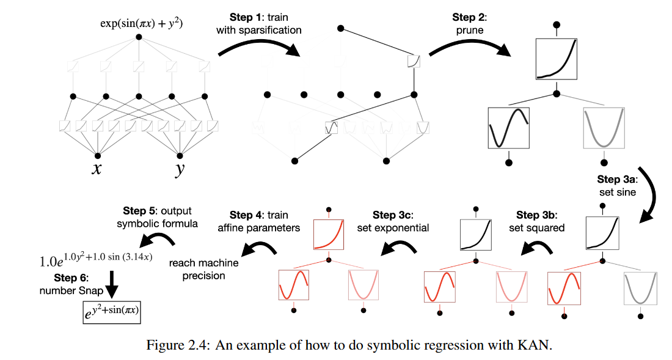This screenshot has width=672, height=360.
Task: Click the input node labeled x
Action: pos(97,155)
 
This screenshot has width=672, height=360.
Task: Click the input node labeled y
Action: pos(180,155)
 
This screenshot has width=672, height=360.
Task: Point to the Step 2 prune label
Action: pos(469,23)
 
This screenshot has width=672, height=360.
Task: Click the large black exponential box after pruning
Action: pos(557,59)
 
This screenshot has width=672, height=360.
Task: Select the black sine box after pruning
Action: pos(508,128)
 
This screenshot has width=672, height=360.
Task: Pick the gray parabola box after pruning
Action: pos(604,128)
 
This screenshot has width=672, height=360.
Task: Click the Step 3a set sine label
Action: pos(618,185)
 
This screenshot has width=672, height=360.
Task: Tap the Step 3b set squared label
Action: pos(536,221)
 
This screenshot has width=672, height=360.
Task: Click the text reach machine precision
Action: pos(197,269)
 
